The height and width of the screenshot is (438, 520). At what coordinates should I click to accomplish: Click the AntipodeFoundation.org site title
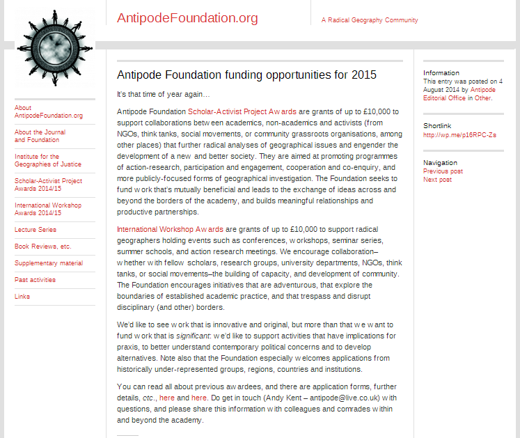click(x=187, y=18)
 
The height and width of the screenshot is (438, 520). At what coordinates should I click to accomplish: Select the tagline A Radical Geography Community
click(x=369, y=20)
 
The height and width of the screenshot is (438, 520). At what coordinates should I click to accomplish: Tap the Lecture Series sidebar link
click(x=36, y=229)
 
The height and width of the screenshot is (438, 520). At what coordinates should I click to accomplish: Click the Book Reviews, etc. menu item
click(x=42, y=246)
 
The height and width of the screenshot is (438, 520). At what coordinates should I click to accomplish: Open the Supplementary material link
click(x=48, y=263)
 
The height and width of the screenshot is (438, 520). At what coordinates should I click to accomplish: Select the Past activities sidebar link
click(x=35, y=280)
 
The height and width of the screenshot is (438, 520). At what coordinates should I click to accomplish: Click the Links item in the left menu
click(x=22, y=297)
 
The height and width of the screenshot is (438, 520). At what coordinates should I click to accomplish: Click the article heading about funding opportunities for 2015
click(x=246, y=75)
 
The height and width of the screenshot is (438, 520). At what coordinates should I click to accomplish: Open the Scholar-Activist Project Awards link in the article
click(x=242, y=111)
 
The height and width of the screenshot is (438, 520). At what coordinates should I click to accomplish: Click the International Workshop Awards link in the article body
click(x=170, y=228)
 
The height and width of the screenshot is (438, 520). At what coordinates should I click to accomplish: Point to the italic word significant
click(x=175, y=336)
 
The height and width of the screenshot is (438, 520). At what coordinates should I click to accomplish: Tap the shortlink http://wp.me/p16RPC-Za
click(x=459, y=134)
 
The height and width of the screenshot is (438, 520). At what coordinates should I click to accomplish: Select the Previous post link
click(x=443, y=171)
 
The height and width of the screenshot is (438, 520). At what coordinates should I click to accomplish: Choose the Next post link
click(x=437, y=180)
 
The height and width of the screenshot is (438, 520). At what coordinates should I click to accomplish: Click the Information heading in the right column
click(x=441, y=72)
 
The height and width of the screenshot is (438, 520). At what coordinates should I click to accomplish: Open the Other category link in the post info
click(x=483, y=98)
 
